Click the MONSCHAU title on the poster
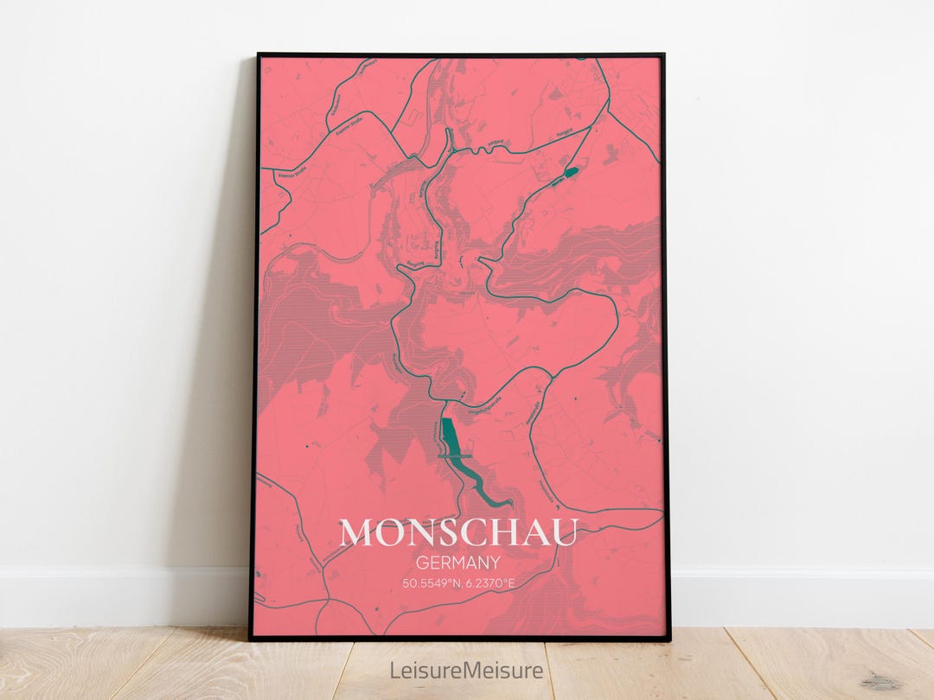click(x=457, y=533)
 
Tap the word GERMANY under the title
click(x=458, y=563)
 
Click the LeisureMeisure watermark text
click(x=467, y=670)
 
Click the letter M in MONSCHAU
click(x=356, y=533)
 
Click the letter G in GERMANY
click(x=422, y=563)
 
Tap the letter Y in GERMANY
click(x=496, y=563)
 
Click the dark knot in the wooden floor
click(x=882, y=682)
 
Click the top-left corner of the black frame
click(x=259, y=55)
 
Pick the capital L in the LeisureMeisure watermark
click(x=394, y=670)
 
